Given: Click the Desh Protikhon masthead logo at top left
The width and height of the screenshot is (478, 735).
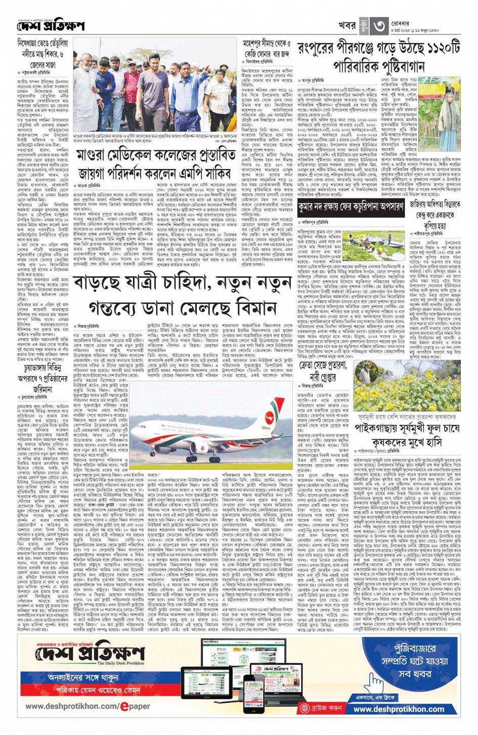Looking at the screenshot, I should tap(50, 25).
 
